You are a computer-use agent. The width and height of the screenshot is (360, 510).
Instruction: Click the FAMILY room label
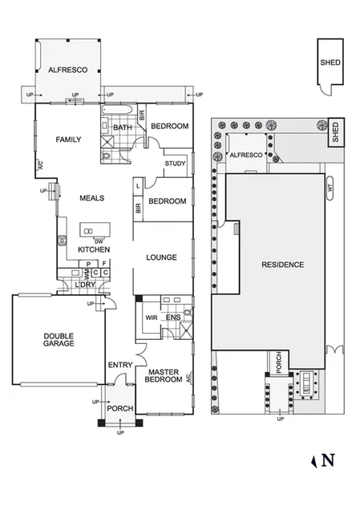pos(68,140)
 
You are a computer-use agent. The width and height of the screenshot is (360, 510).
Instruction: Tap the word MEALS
pos(92,198)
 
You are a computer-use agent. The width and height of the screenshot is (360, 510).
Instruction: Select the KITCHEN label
pos(93,250)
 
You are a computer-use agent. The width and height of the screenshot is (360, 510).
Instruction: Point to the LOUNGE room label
pos(161,257)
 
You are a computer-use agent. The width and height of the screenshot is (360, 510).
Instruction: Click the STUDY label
pos(175,164)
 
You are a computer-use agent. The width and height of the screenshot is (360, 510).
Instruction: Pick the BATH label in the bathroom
pos(122,127)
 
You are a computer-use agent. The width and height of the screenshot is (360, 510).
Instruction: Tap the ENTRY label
pos(119,366)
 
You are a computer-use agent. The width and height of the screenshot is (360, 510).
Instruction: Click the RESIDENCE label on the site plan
pos(281,265)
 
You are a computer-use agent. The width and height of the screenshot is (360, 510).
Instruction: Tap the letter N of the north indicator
pos(327,460)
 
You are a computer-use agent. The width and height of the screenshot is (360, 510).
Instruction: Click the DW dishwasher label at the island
pos(99,241)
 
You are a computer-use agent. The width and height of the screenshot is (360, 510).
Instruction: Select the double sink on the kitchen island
pos(87,233)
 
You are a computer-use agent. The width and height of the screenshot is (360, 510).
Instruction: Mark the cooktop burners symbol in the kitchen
pos(61,240)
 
